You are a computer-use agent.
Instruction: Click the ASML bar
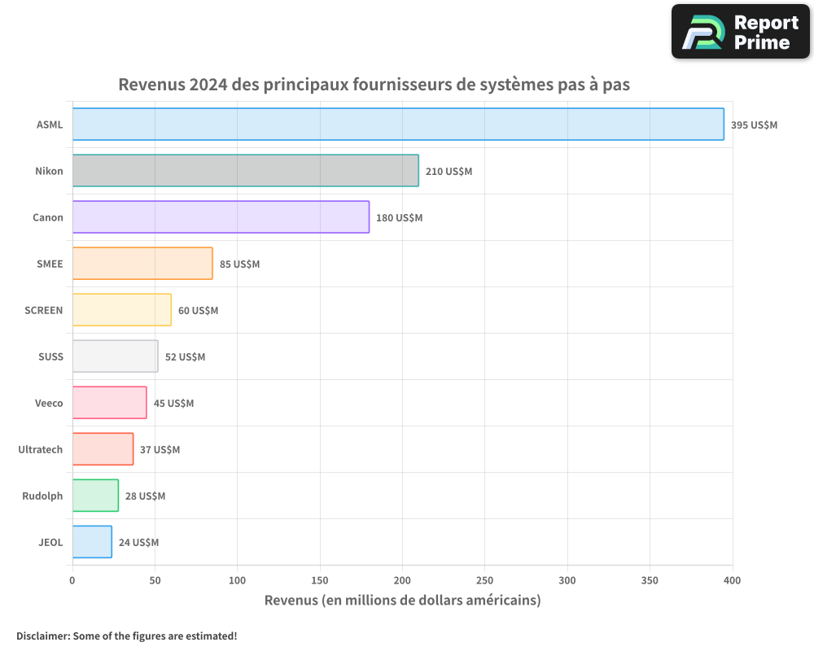(x=398, y=125)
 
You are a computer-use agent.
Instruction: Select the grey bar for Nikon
(x=245, y=171)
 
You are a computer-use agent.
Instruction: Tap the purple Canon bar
(x=221, y=217)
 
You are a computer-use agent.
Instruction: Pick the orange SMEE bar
(x=142, y=264)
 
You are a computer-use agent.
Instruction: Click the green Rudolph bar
(x=95, y=496)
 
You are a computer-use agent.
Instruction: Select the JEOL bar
(x=92, y=542)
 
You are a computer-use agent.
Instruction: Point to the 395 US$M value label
(x=754, y=125)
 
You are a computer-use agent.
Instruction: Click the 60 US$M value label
(x=198, y=311)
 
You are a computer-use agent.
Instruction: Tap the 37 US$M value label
(x=160, y=450)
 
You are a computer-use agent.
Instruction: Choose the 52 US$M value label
(x=185, y=357)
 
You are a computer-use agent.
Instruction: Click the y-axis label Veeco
(x=49, y=404)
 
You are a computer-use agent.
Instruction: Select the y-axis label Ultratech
(x=41, y=450)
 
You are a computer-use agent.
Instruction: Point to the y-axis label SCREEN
(x=44, y=311)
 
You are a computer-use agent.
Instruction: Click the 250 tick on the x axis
(x=485, y=580)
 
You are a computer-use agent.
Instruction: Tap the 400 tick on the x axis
(x=732, y=580)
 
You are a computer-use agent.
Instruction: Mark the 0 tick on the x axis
(x=72, y=580)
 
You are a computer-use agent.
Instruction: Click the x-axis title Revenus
(x=402, y=601)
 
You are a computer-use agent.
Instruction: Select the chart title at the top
(x=374, y=85)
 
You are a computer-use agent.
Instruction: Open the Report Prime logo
(x=740, y=32)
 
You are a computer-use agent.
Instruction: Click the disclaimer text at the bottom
(x=126, y=636)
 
